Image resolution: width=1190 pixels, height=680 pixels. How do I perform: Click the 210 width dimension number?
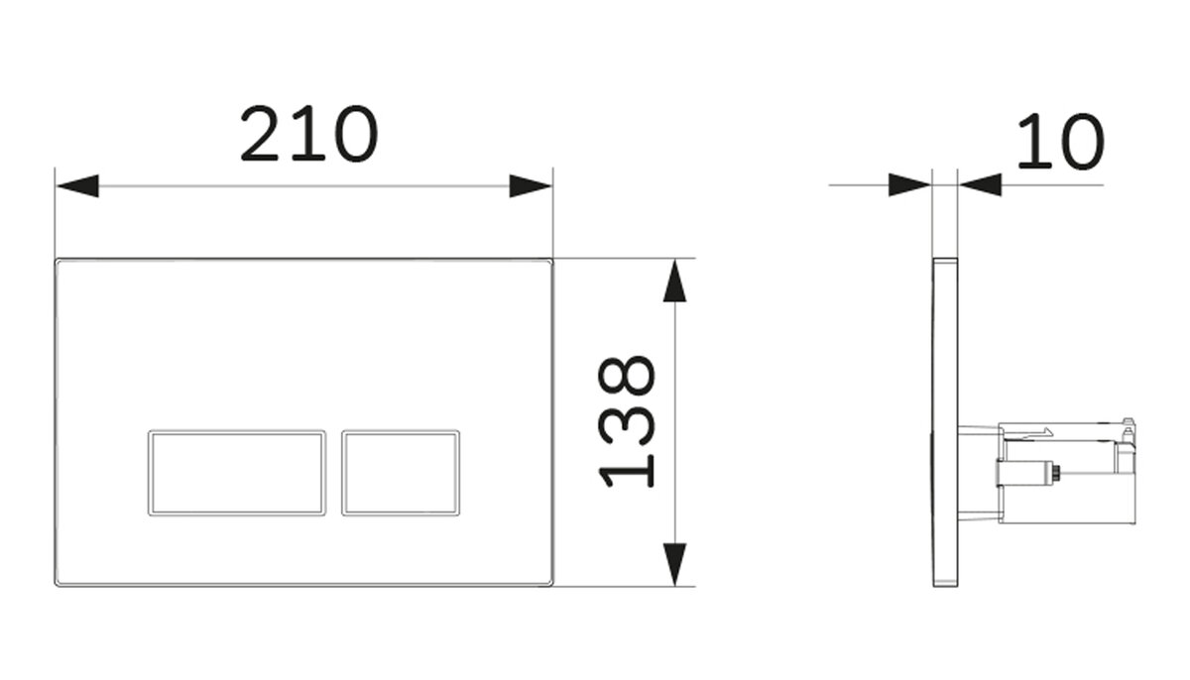tap(309, 133)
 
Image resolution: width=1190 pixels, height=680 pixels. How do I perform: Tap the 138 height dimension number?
tap(627, 421)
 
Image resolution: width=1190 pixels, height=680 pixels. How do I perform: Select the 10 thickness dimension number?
tap(1061, 142)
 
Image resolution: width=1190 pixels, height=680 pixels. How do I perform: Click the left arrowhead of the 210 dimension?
tap(77, 185)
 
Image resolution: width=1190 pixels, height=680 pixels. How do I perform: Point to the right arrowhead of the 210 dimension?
tap(531, 185)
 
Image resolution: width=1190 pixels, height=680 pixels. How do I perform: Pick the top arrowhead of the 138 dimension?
tap(674, 281)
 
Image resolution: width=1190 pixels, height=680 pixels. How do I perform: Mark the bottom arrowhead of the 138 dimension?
tap(674, 564)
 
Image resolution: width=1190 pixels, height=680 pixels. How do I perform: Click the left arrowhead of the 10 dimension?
tap(909, 184)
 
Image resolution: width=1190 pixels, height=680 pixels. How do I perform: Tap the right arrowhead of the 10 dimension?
tap(980, 184)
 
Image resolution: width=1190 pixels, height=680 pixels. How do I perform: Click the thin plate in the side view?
tap(945, 422)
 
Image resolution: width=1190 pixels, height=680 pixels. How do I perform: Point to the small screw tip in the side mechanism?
tap(1056, 472)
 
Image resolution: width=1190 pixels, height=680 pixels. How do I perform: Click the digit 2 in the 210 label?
tap(260, 133)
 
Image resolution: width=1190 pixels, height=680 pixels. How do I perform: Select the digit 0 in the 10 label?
tap(1083, 142)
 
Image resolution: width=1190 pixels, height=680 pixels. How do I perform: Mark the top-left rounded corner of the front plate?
tap(58, 261)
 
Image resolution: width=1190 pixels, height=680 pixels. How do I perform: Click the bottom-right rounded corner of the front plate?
tap(550, 584)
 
